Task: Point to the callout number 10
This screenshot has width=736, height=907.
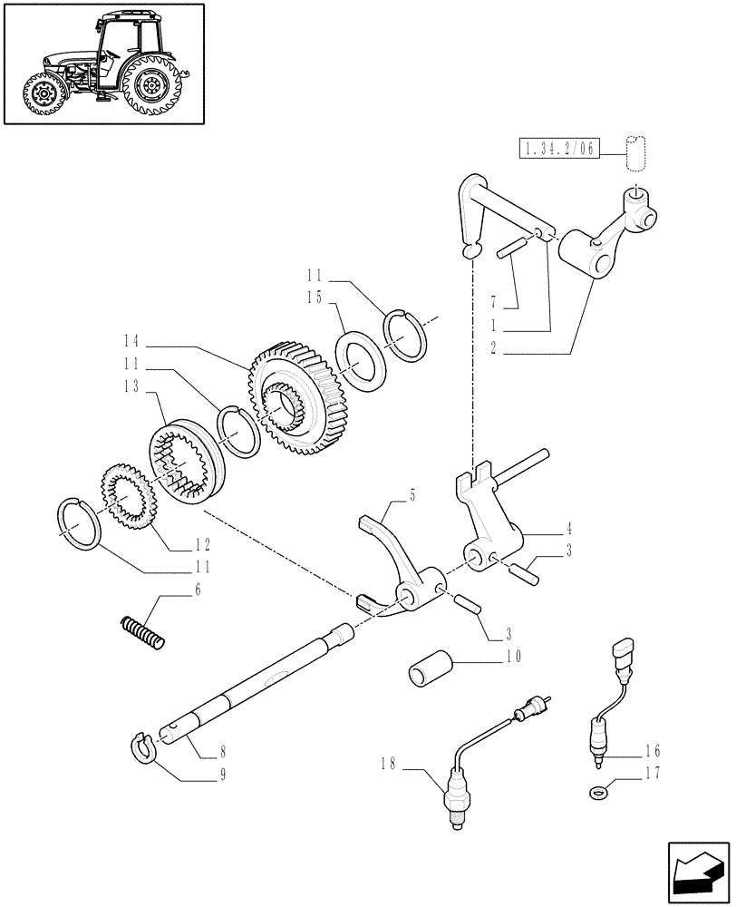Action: (515, 655)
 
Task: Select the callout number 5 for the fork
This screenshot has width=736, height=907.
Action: (412, 495)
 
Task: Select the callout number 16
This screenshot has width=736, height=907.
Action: (652, 751)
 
